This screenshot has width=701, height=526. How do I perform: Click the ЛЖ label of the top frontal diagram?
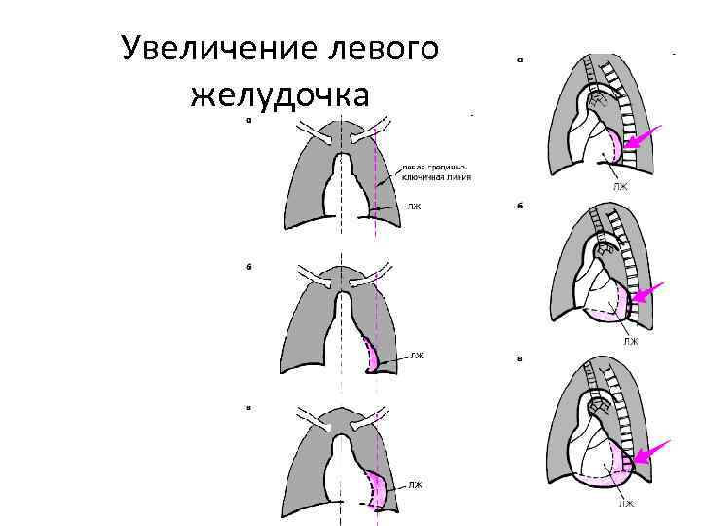click(x=414, y=207)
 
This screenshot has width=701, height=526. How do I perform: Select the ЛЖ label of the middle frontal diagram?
click(x=417, y=356)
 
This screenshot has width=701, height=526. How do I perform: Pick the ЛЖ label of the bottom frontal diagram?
click(x=415, y=484)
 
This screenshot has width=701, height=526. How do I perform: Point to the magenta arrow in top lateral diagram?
click(x=643, y=137)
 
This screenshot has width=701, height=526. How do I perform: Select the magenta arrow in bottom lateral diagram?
click(x=651, y=453)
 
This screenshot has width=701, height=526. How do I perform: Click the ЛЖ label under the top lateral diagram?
click(x=620, y=185)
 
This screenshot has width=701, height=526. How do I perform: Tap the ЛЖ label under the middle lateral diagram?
click(x=630, y=342)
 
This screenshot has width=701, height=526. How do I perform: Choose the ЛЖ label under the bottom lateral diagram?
click(x=628, y=503)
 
